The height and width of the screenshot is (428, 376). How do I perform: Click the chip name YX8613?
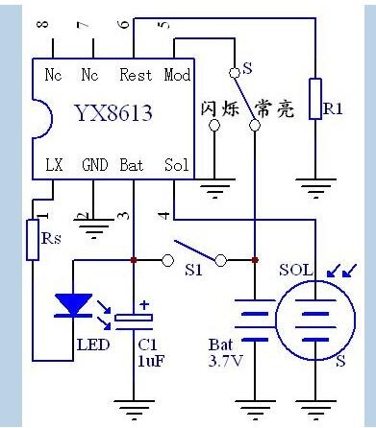coord(113,112)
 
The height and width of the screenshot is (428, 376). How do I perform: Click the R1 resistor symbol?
coord(315,99)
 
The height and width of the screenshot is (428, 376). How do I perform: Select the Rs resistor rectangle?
coord(33,240)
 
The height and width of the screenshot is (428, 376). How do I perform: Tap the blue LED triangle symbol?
coord(74,305)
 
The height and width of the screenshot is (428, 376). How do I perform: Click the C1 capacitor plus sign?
coord(144,305)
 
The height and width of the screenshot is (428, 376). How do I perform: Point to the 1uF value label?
coord(151,361)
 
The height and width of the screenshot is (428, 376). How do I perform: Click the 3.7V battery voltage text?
coord(225,361)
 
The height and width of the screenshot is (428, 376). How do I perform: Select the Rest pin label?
coord(136,75)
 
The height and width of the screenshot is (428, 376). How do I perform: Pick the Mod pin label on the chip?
coord(177,75)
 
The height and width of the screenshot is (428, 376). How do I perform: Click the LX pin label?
coord(54,165)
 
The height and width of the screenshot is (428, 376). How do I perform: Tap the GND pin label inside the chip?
coord(95,165)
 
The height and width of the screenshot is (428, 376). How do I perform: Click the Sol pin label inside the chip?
coord(176,165)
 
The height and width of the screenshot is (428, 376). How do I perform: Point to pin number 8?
coord(43,24)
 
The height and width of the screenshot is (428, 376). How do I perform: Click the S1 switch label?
coord(194,271)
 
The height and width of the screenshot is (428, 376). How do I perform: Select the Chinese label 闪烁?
coord(220,109)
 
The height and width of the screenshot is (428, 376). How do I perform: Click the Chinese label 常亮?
coord(274,109)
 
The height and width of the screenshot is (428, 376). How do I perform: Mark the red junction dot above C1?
coord(134,260)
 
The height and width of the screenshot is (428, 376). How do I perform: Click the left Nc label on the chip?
coord(54,75)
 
